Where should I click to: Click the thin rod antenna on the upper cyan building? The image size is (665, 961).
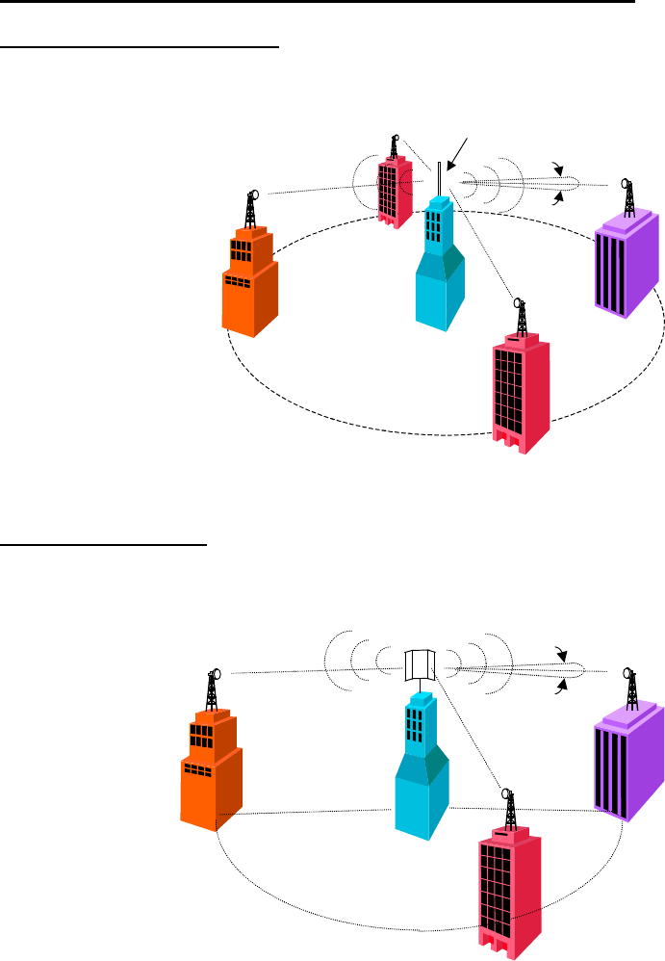[439, 179]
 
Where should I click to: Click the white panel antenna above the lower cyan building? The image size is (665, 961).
[420, 665]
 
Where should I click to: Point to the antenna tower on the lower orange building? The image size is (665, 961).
[214, 690]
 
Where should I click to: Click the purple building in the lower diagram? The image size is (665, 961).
[629, 761]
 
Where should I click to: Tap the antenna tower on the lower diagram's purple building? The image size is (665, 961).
[631, 687]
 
